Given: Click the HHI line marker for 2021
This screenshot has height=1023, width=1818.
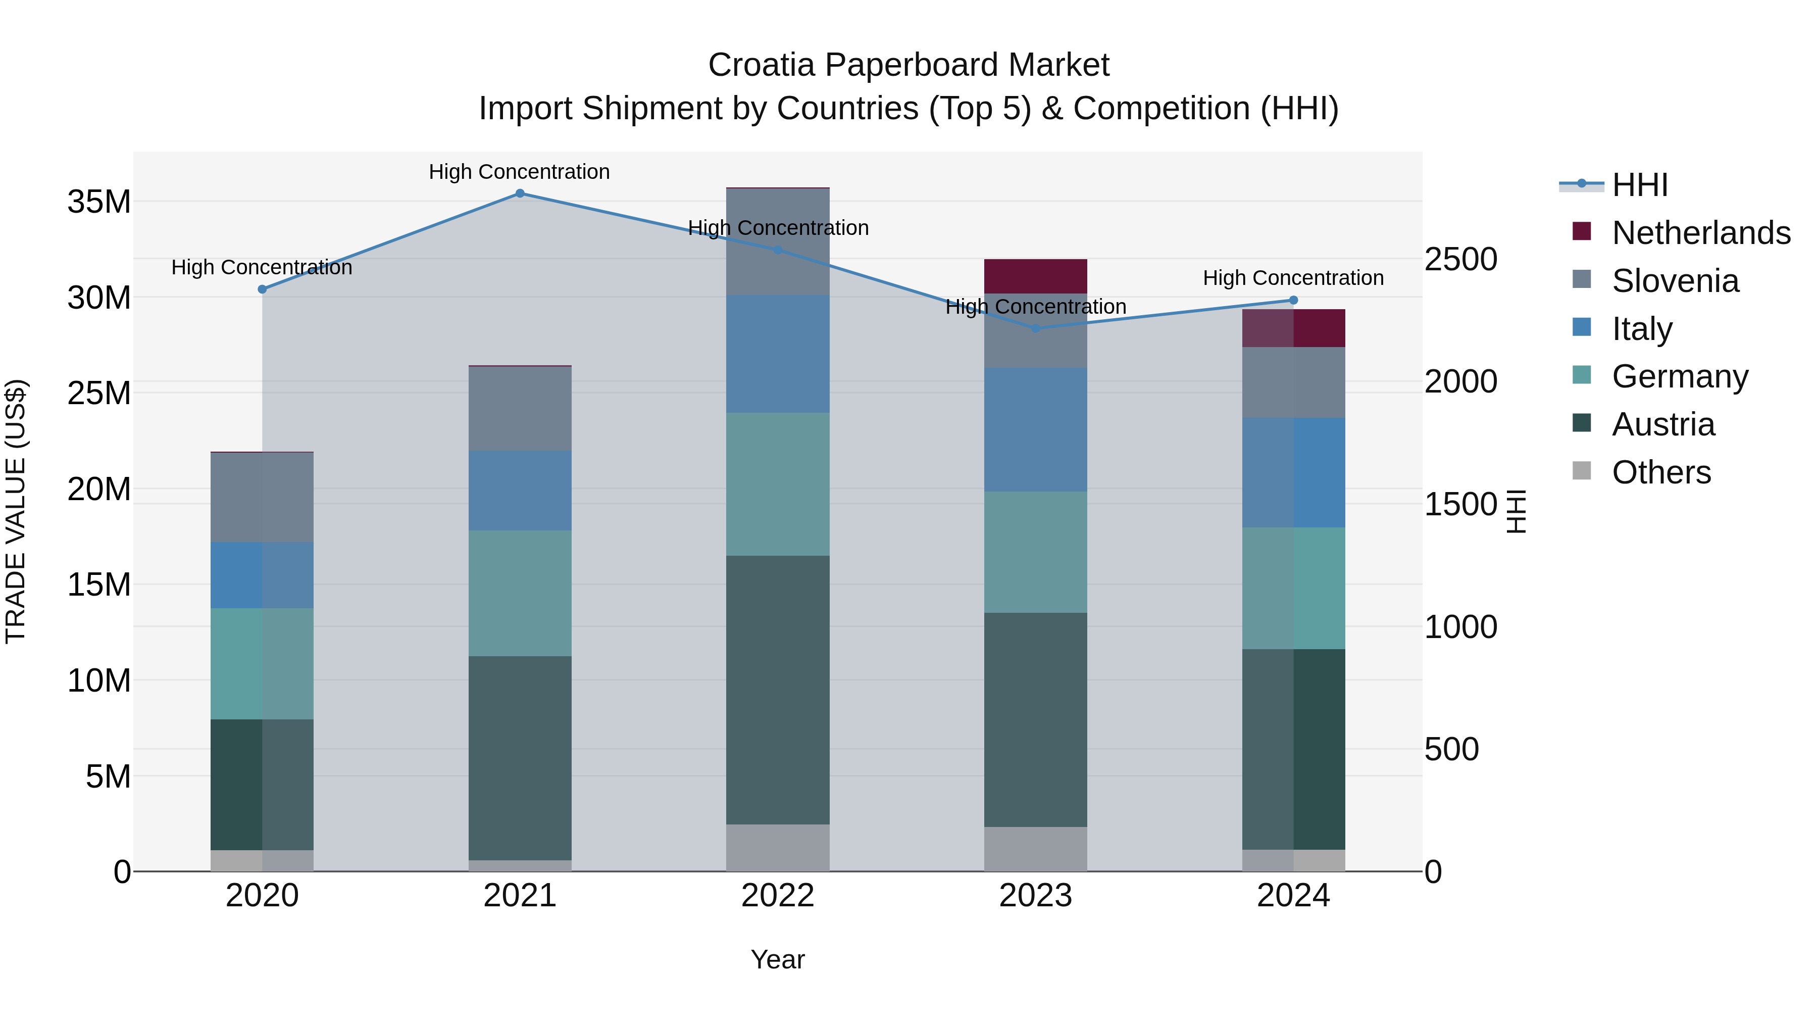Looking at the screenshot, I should [520, 193].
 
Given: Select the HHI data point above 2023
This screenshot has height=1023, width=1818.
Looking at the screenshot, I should [1035, 328].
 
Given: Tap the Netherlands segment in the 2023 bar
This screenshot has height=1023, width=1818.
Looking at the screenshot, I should [1035, 276].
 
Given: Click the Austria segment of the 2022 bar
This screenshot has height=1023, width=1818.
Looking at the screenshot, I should [778, 690].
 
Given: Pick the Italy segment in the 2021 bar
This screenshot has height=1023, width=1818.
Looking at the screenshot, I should [520, 491].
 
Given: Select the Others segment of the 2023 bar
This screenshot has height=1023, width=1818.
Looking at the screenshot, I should [1035, 849].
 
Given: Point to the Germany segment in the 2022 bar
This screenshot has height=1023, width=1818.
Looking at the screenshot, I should [778, 484].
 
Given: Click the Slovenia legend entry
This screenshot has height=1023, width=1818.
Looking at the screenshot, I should [1675, 281].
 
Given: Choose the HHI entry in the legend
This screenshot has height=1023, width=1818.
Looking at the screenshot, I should [1639, 185].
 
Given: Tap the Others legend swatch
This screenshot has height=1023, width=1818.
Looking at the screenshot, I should [1582, 471].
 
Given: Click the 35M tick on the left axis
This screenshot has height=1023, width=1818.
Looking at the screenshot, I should [99, 202].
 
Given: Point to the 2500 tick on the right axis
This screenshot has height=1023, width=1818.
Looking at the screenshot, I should [1460, 259].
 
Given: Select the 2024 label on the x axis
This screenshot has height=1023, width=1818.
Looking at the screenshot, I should [1293, 896].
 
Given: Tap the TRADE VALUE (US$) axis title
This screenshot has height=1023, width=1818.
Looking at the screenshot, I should [16, 511].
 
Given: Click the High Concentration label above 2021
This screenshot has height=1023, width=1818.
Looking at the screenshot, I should [520, 172].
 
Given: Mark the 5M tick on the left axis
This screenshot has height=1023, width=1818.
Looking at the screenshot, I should [108, 776].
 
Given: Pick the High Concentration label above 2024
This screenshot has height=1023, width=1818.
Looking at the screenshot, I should [1293, 278].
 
